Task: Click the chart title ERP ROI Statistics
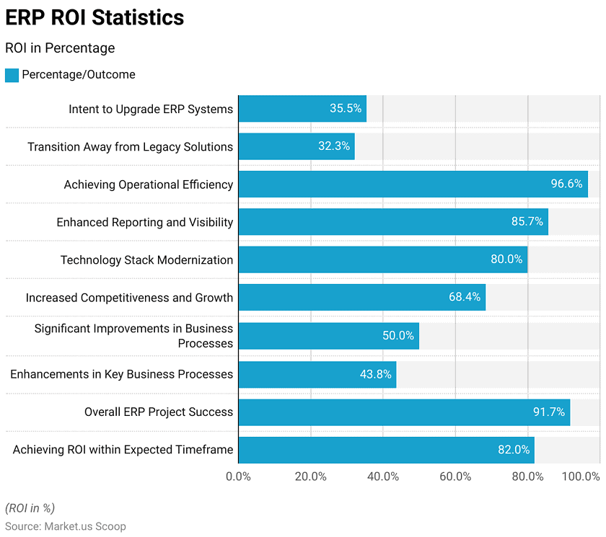point(95,17)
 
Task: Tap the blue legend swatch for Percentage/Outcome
point(12,75)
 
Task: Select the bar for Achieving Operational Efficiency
point(413,184)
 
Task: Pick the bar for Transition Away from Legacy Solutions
point(297,146)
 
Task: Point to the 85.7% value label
point(527,221)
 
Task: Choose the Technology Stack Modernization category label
point(146,259)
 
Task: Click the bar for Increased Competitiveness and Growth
point(361,297)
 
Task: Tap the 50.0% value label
point(398,335)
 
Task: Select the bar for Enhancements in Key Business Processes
point(317,374)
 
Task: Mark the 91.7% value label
point(549,412)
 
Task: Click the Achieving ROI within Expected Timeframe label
point(123,449)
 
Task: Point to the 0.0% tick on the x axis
point(239,476)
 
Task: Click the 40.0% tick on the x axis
point(383,476)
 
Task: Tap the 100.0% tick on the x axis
point(581,476)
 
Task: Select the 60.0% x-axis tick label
point(455,476)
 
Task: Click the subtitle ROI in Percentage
point(60,48)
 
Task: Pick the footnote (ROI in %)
point(30,508)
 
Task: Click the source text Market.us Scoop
point(66,527)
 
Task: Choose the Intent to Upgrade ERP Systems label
point(151,109)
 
